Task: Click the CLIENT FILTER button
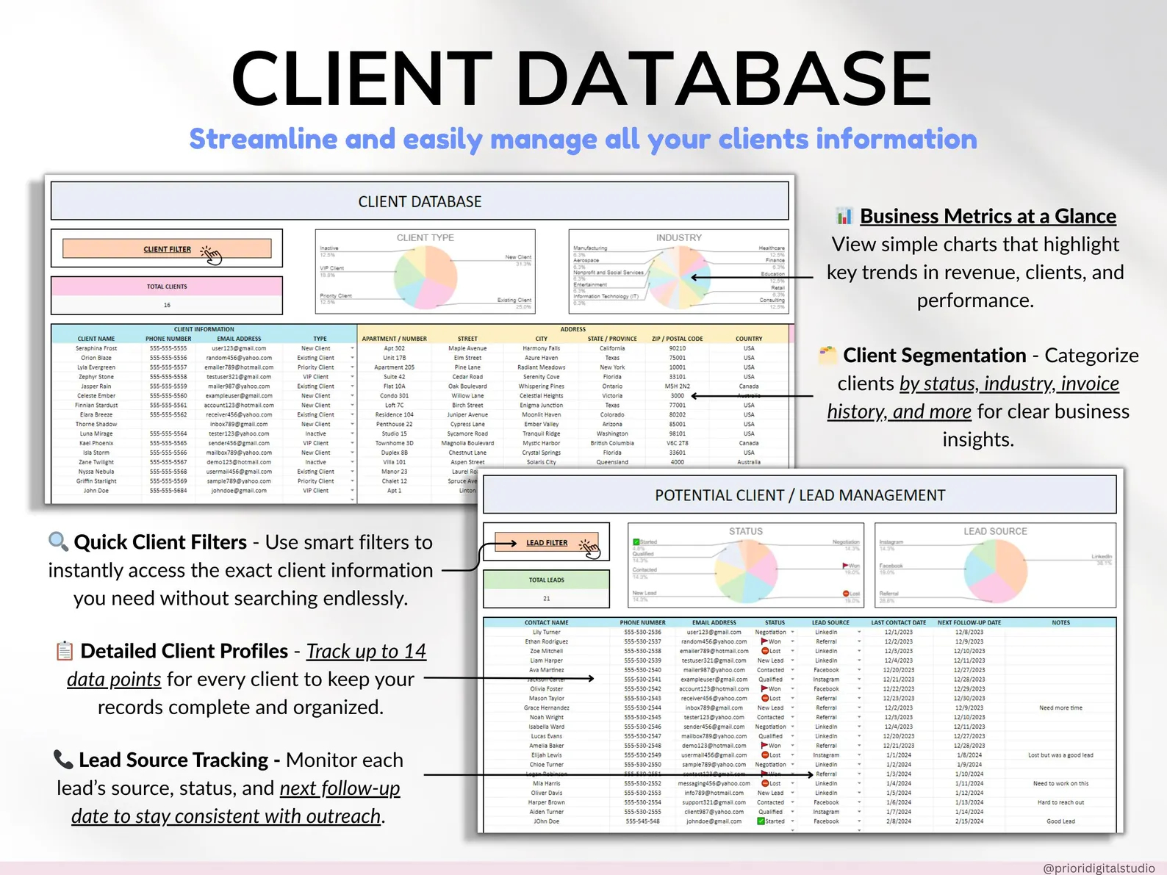click(167, 249)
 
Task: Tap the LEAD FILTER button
click(547, 543)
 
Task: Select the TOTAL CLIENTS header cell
click(167, 287)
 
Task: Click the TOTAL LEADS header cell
click(547, 580)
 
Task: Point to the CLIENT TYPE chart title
click(425, 238)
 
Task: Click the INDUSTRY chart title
click(679, 238)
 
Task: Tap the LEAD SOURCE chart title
click(995, 531)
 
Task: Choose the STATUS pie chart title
click(746, 531)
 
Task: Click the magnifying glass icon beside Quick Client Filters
click(58, 542)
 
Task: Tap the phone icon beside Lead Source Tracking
click(63, 759)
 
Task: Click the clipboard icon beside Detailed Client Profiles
click(65, 651)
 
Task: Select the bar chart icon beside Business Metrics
click(844, 216)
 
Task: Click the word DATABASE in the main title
click(728, 79)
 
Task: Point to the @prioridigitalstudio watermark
click(1099, 868)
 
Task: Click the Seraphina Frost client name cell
click(96, 348)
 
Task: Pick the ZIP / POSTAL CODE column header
click(677, 339)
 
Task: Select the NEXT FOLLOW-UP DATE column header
click(969, 622)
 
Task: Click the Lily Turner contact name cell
click(546, 632)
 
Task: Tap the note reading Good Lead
click(1060, 821)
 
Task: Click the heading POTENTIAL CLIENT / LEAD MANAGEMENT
click(800, 495)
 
